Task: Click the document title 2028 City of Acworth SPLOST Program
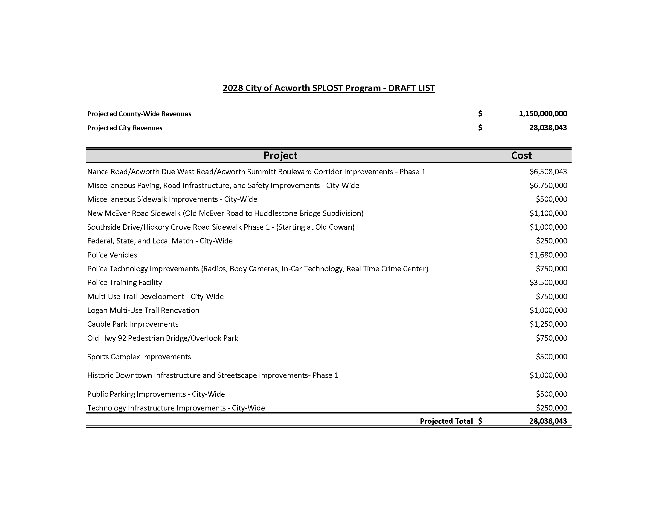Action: pos(328,88)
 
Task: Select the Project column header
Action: pos(280,156)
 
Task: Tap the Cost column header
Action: pos(521,156)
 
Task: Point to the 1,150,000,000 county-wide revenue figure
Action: pos(543,114)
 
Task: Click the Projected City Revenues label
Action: pos(125,128)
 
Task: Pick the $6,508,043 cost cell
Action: pos(548,172)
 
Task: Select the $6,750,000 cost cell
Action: pos(548,185)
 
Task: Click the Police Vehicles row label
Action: pos(112,255)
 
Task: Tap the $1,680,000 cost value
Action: pos(548,255)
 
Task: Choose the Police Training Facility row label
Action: pos(124,283)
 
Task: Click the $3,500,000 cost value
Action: pos(548,283)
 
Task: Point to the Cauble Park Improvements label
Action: pos(132,324)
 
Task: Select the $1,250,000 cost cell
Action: pos(548,324)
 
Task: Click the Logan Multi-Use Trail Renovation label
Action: pos(143,310)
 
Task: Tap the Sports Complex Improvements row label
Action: pos(139,357)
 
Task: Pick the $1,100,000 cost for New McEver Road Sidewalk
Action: pos(548,213)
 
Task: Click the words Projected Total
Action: pos(446,421)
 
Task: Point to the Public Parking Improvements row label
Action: pos(156,394)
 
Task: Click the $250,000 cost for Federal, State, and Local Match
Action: pos(551,241)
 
